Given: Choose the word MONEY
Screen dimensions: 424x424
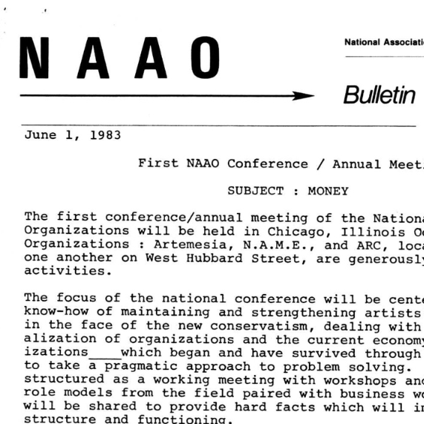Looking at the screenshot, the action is pyautogui.click(x=329, y=191).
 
